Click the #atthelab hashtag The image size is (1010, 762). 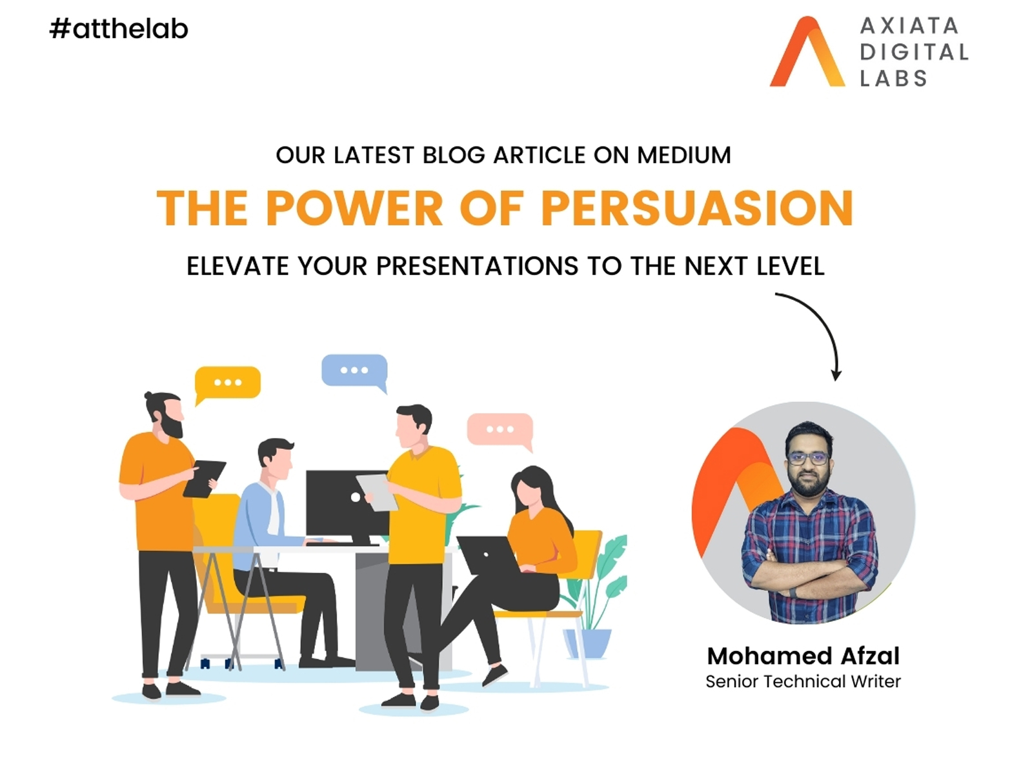click(119, 29)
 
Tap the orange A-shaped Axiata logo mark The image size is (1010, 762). click(807, 52)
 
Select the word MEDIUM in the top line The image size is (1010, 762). click(683, 155)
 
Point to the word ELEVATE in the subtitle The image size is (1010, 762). click(237, 266)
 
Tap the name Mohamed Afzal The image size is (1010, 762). click(803, 656)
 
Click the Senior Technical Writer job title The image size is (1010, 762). click(803, 681)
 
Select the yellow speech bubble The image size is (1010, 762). click(227, 385)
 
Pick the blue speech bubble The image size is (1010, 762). click(354, 372)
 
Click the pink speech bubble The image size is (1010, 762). click(500, 432)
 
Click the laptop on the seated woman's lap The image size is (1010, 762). click(489, 555)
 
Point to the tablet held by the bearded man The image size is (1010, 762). click(205, 479)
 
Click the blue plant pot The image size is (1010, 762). click(587, 643)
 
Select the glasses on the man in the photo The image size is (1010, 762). click(808, 459)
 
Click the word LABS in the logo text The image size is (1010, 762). click(893, 79)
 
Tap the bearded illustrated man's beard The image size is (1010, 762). click(171, 426)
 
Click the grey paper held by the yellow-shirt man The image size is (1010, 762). click(377, 492)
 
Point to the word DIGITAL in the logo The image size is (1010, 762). click(914, 52)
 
